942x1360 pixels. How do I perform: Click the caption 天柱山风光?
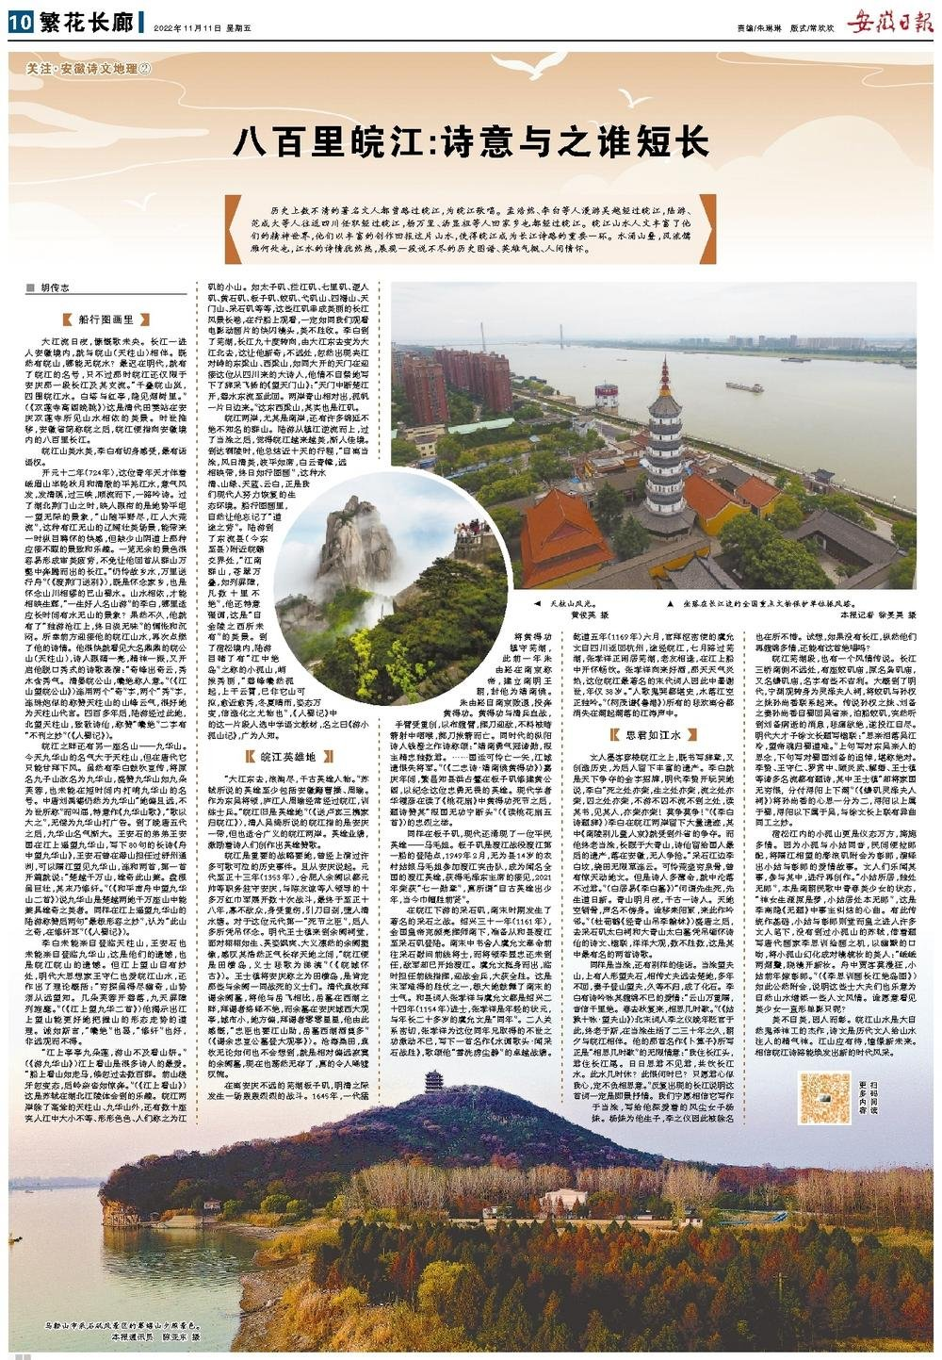coord(575,602)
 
